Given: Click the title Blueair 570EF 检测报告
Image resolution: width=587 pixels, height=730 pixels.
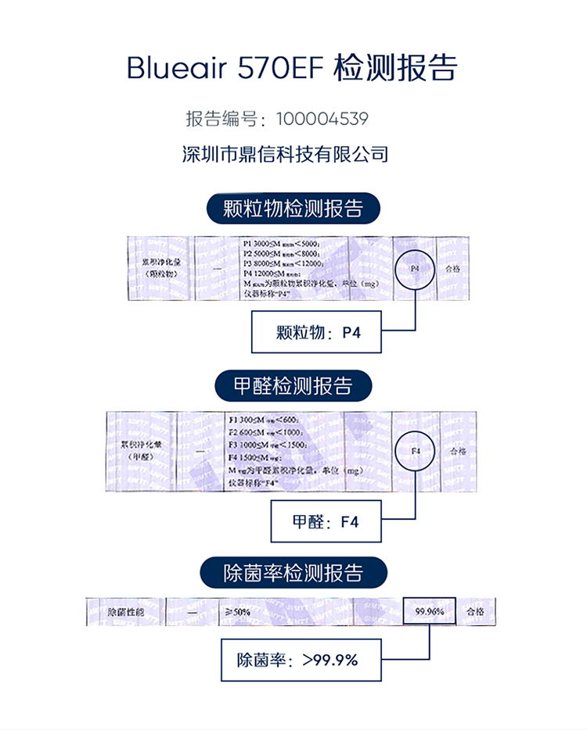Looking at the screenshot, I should [x=292, y=69].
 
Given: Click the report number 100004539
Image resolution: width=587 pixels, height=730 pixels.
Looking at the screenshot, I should [x=321, y=120].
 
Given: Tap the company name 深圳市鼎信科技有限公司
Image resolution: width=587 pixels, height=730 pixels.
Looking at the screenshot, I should [x=285, y=153].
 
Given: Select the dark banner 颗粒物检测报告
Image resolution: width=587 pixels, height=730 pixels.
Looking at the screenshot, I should [x=292, y=209].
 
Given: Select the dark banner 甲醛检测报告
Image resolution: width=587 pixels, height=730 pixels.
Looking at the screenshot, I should [x=293, y=385].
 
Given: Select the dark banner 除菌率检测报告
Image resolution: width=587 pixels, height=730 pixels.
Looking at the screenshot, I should [x=293, y=573].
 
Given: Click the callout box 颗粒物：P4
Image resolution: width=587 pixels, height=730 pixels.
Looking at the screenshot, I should [x=316, y=333].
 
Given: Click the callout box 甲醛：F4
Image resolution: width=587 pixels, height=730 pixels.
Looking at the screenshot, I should [x=326, y=521].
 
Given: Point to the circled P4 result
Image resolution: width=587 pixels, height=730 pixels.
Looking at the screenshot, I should [x=416, y=269].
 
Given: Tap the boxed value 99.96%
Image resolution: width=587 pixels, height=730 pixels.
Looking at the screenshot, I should [x=429, y=611].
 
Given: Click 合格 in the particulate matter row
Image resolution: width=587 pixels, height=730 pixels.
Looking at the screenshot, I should [x=454, y=267].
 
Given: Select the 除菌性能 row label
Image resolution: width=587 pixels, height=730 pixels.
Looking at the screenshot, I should [x=125, y=611].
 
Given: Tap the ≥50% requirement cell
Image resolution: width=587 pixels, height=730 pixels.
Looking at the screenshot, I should [x=238, y=611].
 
